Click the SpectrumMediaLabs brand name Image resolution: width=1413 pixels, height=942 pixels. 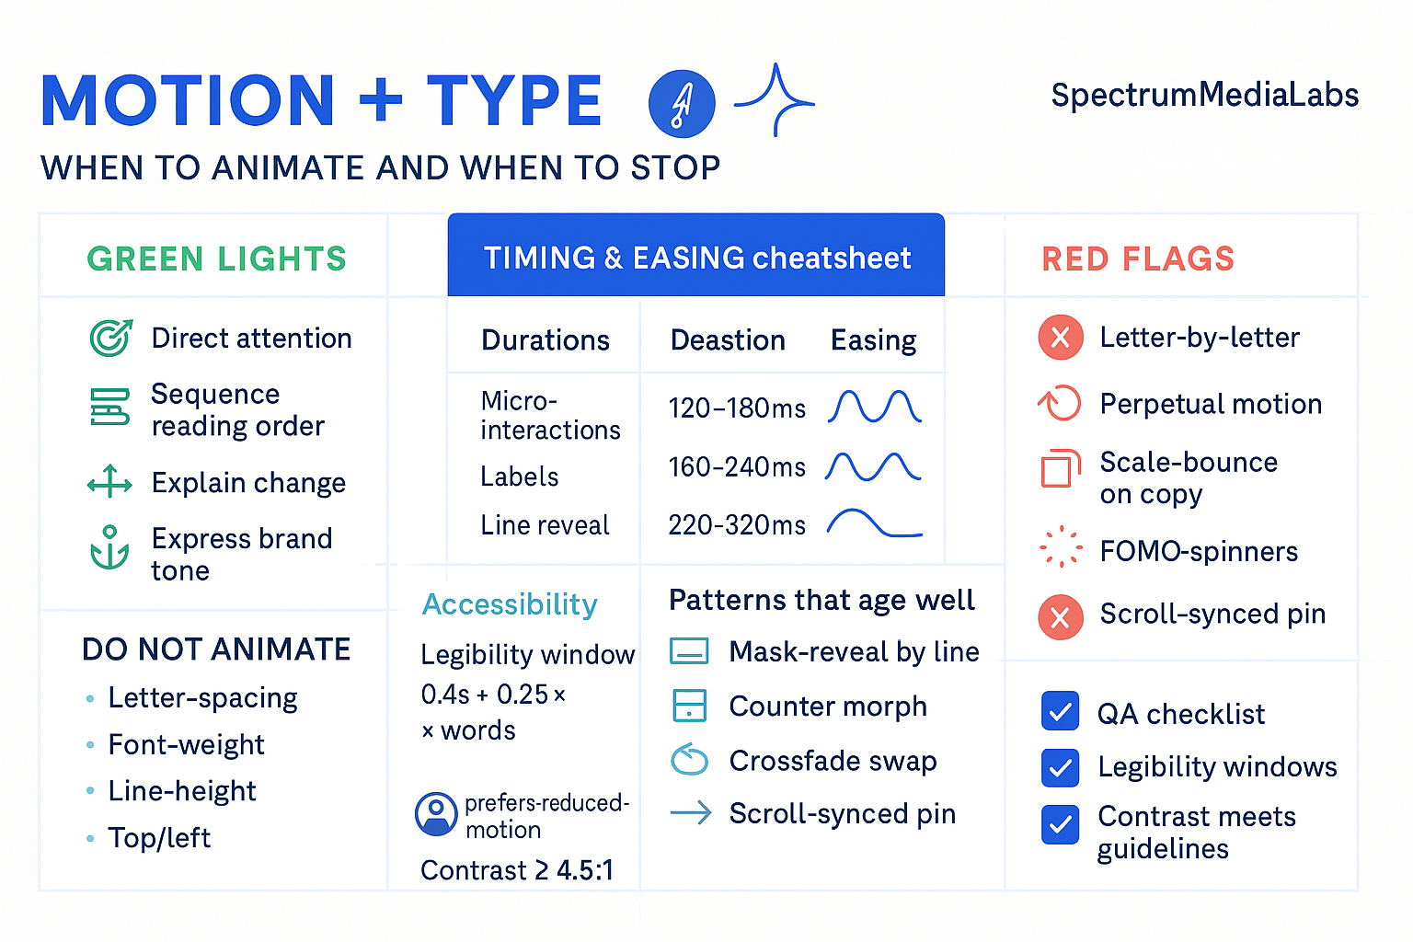(1204, 96)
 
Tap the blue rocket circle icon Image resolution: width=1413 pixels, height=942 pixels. (682, 103)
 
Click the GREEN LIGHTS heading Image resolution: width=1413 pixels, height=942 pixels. (216, 259)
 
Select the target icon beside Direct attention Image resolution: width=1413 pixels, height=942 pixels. (110, 338)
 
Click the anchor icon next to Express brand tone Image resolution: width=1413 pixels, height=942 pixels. (109, 548)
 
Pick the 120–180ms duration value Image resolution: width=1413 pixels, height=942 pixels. (737, 408)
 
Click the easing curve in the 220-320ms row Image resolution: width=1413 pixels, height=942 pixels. (874, 523)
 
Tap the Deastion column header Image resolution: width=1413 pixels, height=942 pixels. (728, 340)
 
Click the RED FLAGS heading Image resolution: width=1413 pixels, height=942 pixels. (1138, 259)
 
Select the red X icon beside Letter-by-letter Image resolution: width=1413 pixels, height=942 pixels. (1060, 338)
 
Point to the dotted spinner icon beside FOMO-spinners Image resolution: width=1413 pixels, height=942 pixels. (1060, 546)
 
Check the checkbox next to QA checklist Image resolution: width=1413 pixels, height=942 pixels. (1060, 712)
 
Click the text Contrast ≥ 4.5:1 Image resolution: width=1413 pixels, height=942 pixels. (517, 870)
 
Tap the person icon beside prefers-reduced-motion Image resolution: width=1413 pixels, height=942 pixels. (436, 813)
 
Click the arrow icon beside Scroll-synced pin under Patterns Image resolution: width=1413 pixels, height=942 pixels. (690, 812)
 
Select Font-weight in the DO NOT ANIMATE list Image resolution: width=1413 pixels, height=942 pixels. (186, 744)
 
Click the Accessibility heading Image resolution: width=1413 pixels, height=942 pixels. (510, 604)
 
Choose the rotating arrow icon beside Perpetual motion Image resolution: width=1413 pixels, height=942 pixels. (1060, 403)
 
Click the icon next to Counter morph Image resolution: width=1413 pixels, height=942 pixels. (690, 706)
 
